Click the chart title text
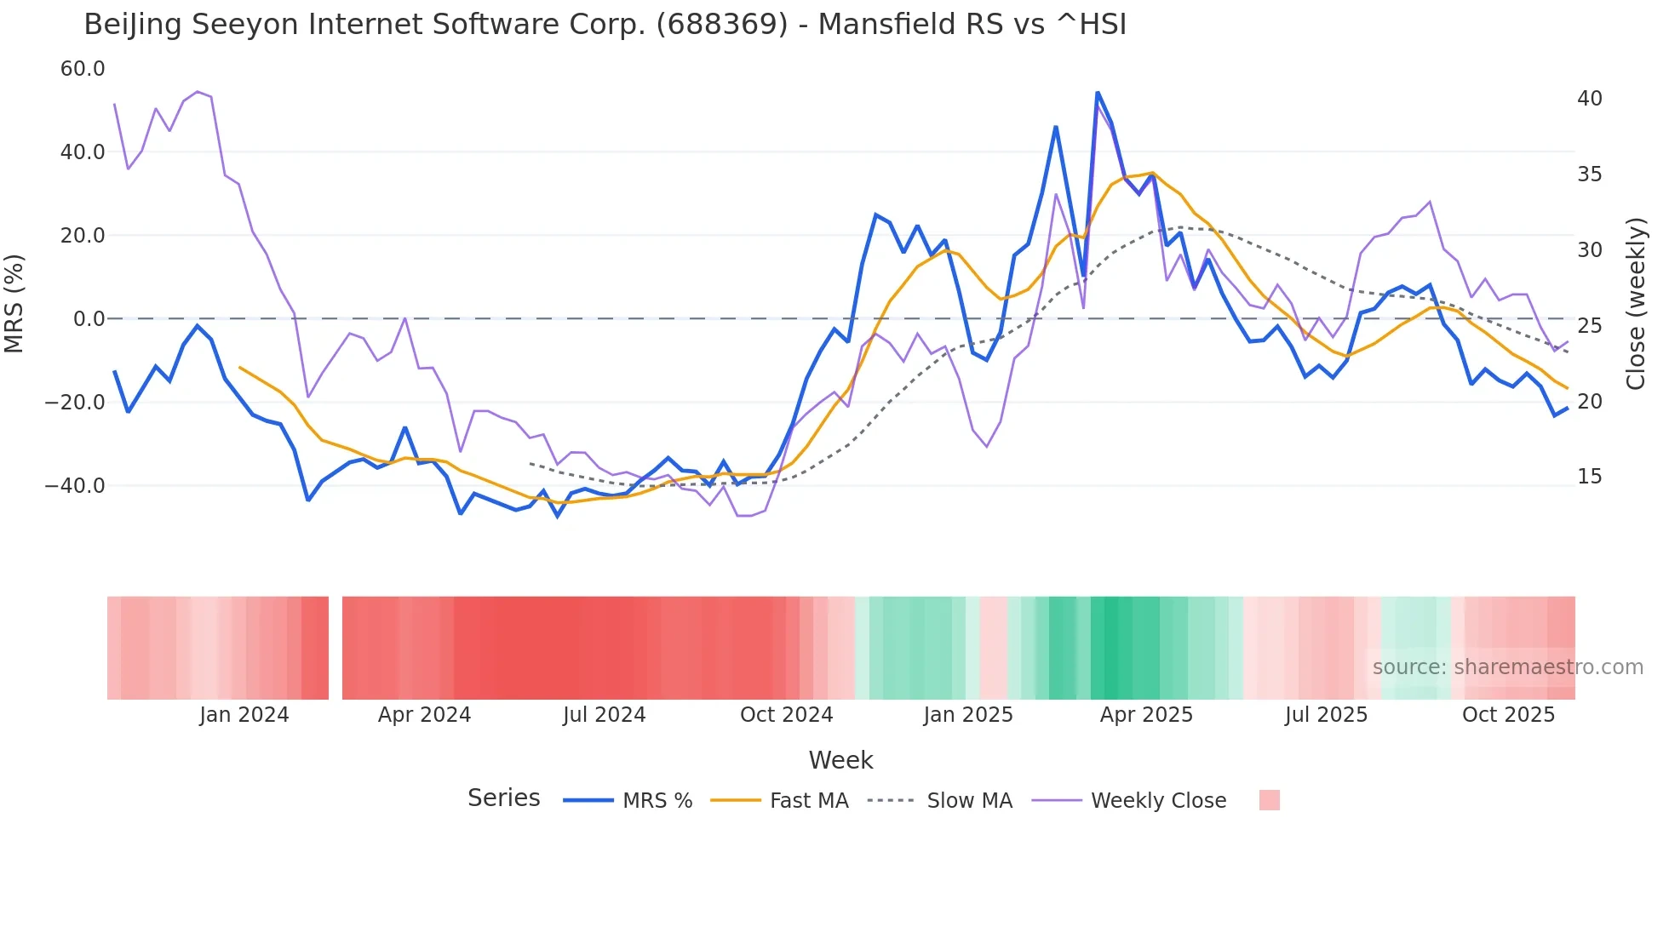point(605,25)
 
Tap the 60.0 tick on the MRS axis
point(83,69)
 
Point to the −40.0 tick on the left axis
point(75,486)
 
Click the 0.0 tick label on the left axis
point(89,319)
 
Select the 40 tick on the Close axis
point(1589,99)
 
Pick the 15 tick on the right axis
point(1589,477)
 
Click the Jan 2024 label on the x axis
point(244,715)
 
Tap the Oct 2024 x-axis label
point(786,715)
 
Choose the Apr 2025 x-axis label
point(1146,715)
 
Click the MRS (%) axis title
point(14,303)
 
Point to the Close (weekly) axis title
point(1635,304)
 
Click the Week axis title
point(840,760)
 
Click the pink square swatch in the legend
point(1269,800)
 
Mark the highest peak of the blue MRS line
point(1098,92)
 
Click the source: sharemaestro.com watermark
point(1507,667)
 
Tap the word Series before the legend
point(503,798)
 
